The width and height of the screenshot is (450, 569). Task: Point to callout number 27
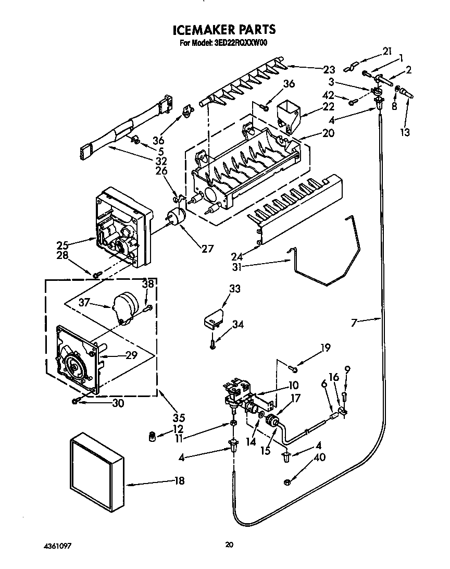point(208,249)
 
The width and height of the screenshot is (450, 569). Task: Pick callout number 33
point(235,289)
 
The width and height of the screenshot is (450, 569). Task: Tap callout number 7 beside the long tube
point(354,323)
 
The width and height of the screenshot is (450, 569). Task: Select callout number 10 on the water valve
point(293,386)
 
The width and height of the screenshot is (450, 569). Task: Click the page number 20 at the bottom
point(229,545)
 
